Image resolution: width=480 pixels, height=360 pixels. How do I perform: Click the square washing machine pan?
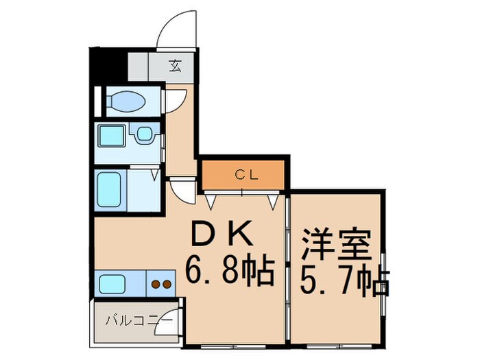[111, 136]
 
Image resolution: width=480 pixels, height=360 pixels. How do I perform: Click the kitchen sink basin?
[111, 283]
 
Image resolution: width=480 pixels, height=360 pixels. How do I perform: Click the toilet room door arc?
[173, 100]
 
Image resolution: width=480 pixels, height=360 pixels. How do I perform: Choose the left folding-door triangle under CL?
[210, 201]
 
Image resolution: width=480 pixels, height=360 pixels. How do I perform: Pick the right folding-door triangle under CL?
[274, 201]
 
